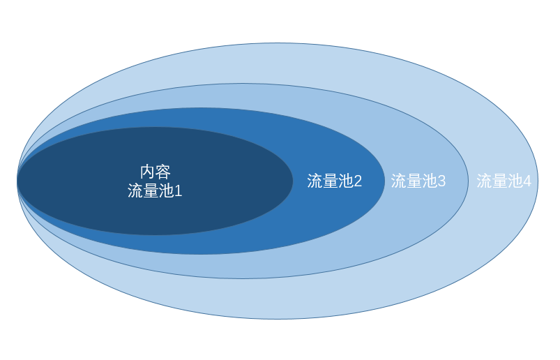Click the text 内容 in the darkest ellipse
(156, 172)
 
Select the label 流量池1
(155, 190)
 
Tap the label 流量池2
(335, 181)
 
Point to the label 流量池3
(418, 181)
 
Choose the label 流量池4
(504, 181)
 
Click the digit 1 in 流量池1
(179, 190)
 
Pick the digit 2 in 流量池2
(358, 181)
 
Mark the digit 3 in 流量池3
(441, 181)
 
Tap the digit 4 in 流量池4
(527, 181)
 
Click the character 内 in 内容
(148, 172)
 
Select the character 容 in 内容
(163, 172)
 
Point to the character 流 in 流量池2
(315, 181)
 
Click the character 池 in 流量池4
(515, 181)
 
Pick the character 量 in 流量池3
(414, 181)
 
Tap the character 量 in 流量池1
(151, 190)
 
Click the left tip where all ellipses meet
(17, 181)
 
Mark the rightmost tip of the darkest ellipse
(293, 181)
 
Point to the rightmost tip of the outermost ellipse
(538, 181)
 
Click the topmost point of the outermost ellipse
(278, 43)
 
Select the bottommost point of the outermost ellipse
(278, 319)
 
